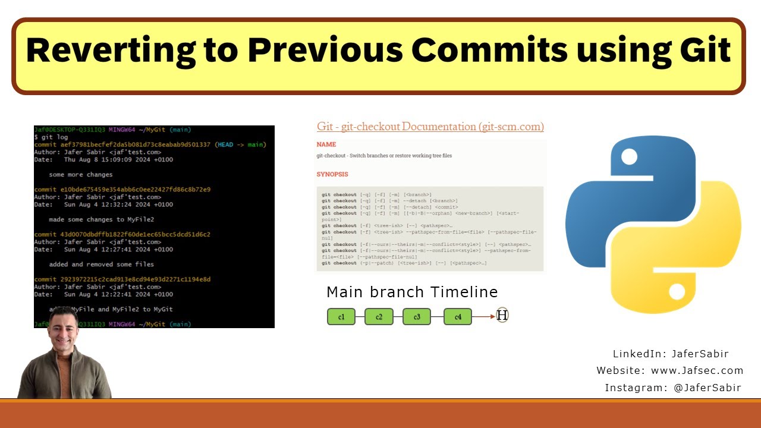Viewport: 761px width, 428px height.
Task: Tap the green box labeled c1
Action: [x=341, y=317]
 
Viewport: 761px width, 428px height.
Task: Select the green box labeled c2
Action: [x=379, y=317]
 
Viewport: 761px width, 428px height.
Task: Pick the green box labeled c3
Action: [x=417, y=317]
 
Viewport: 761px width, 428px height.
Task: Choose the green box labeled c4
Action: [x=458, y=317]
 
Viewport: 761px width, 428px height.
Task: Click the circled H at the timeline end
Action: [x=502, y=316]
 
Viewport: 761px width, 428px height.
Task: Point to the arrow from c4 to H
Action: [x=483, y=316]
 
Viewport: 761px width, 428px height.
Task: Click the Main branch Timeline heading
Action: [x=412, y=292]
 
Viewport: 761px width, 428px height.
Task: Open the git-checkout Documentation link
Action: [x=430, y=127]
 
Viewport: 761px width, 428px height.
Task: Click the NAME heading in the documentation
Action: [x=326, y=144]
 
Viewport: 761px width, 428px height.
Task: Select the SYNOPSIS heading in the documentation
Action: [x=332, y=175]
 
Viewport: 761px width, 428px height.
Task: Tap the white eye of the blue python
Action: [x=629, y=156]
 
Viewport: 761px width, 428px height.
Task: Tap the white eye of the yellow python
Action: [x=677, y=291]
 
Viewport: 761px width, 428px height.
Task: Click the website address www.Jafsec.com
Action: [x=697, y=370]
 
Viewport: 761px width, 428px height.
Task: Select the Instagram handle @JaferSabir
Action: [x=707, y=388]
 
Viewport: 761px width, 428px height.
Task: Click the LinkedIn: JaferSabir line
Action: [x=671, y=354]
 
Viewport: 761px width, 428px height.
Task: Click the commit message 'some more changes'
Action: [x=81, y=175]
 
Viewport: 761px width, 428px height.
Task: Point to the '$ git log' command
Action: [x=51, y=137]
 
